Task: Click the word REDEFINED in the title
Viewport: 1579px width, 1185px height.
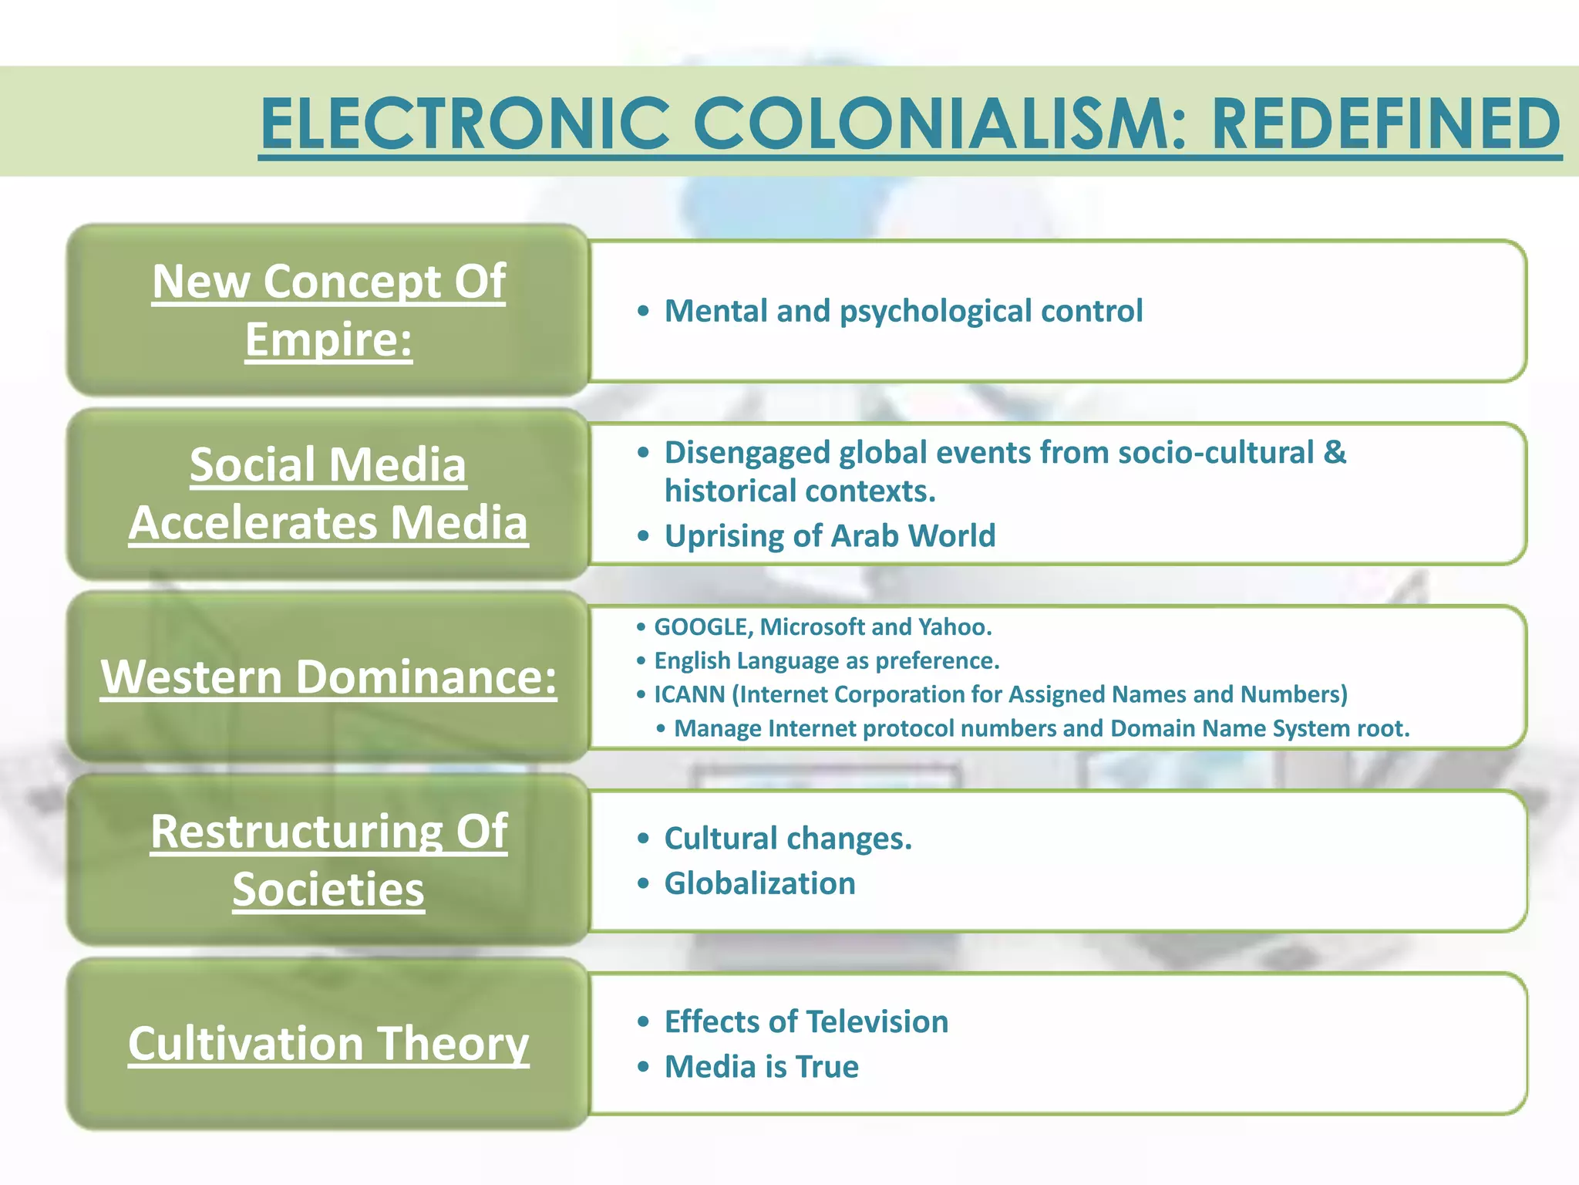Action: (x=1385, y=123)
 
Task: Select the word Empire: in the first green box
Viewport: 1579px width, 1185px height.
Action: (x=328, y=339)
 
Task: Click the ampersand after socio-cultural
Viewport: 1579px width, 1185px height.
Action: (x=1335, y=452)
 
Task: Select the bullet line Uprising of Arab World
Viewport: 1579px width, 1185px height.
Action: (x=830, y=535)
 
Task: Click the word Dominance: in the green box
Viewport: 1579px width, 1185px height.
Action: (x=426, y=677)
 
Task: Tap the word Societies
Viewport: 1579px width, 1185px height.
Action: (x=328, y=890)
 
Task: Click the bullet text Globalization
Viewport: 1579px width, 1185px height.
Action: (x=759, y=883)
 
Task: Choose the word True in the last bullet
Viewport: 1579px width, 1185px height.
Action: (x=827, y=1067)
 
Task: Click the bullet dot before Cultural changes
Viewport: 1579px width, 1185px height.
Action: (x=644, y=839)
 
